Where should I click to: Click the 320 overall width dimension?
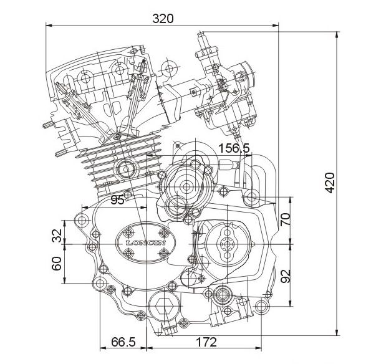point(163,19)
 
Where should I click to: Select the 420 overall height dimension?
point(330,180)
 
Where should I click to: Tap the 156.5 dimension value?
point(234,148)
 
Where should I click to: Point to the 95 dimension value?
point(117,200)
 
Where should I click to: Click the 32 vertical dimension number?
point(57,236)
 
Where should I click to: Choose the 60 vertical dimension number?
point(57,264)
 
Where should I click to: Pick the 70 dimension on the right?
point(286,219)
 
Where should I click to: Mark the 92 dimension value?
point(286,276)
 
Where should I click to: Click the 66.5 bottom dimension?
point(123,342)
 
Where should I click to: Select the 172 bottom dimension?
point(206,342)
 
